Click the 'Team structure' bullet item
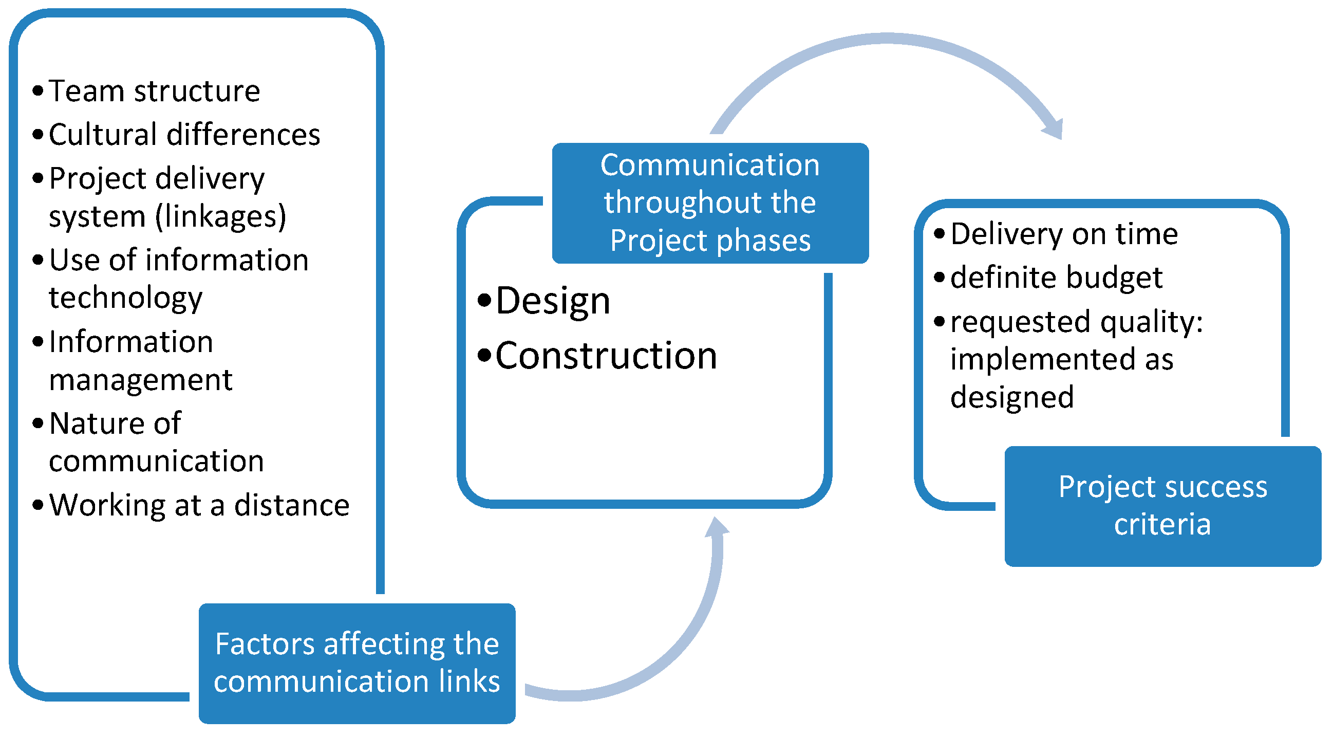[x=154, y=91]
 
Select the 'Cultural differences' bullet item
[x=184, y=135]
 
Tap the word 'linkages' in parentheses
[x=220, y=216]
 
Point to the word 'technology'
[x=126, y=298]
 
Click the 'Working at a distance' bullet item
[x=199, y=506]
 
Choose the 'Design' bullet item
[x=553, y=301]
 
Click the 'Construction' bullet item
[x=606, y=356]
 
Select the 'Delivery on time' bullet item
[x=1064, y=234]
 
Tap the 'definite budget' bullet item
[x=1056, y=278]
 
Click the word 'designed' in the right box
[x=1011, y=398]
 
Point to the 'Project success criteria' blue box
[x=1162, y=506]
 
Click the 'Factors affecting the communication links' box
[x=357, y=663]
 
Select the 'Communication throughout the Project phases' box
[x=710, y=203]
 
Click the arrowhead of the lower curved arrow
[x=717, y=528]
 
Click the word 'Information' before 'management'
[x=131, y=342]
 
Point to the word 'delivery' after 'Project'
[x=210, y=179]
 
